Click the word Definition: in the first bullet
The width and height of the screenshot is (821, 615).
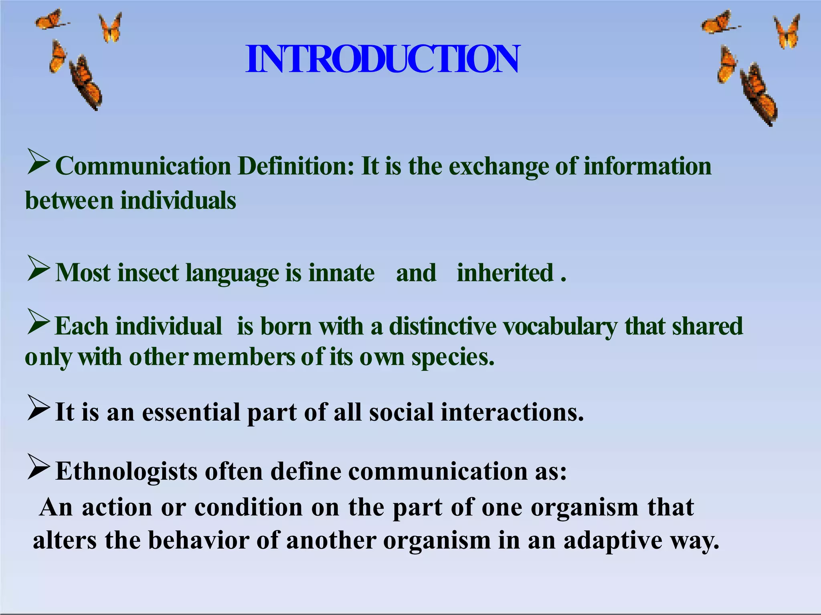tap(296, 166)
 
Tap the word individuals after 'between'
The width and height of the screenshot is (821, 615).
tap(178, 201)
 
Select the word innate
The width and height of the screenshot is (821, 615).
tap(341, 273)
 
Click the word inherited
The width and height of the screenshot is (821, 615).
tap(505, 273)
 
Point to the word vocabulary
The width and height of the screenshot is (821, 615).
tap(560, 326)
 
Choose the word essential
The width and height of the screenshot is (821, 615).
tap(191, 412)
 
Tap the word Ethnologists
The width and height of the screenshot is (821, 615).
tap(126, 471)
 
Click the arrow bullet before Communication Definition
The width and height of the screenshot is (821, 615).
tap(38, 161)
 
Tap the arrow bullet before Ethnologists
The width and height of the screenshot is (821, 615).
tap(38, 466)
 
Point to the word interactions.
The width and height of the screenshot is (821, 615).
tap(512, 412)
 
